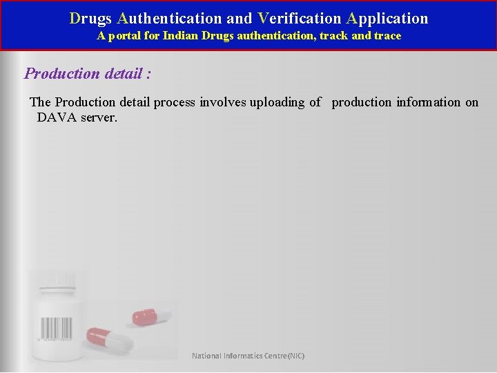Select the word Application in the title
coord(387,19)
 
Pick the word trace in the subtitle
coord(387,36)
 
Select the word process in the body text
coord(173,102)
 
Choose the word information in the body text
coord(428,102)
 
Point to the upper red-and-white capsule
coord(152,316)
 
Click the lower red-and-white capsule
coord(110,338)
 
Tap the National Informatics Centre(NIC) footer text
coord(248,356)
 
